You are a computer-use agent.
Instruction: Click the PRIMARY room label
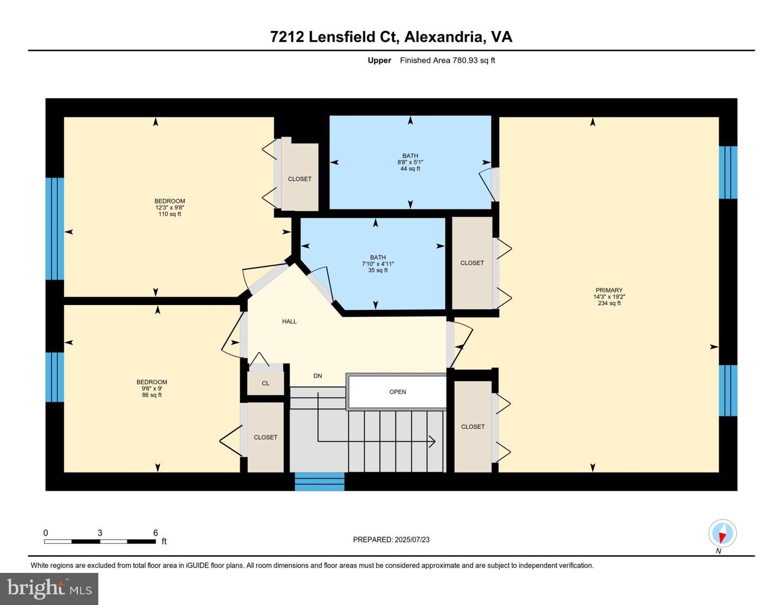click(x=608, y=290)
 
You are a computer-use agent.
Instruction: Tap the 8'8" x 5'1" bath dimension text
click(x=410, y=163)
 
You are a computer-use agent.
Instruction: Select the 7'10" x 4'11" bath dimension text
click(x=377, y=264)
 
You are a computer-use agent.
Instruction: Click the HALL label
click(x=289, y=322)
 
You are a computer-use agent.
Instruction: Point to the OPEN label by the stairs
click(x=397, y=392)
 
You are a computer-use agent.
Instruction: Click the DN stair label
click(x=318, y=376)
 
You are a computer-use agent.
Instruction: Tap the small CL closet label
click(x=265, y=384)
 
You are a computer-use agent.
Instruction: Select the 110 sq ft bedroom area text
click(x=170, y=214)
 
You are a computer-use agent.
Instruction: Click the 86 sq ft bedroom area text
click(x=152, y=395)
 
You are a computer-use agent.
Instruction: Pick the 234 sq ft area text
click(x=608, y=303)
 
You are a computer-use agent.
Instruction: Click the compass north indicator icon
click(x=722, y=534)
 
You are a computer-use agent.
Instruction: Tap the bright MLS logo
click(x=49, y=589)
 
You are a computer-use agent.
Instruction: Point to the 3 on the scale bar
click(x=100, y=533)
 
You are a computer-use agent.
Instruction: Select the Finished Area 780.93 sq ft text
click(x=447, y=60)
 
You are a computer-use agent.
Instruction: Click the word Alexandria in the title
click(x=443, y=37)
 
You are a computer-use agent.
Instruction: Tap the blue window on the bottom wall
click(x=320, y=482)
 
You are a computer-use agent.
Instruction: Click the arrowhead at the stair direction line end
click(x=432, y=441)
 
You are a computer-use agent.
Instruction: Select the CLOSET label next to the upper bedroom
click(x=300, y=179)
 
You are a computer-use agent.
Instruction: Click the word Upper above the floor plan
click(x=379, y=60)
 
